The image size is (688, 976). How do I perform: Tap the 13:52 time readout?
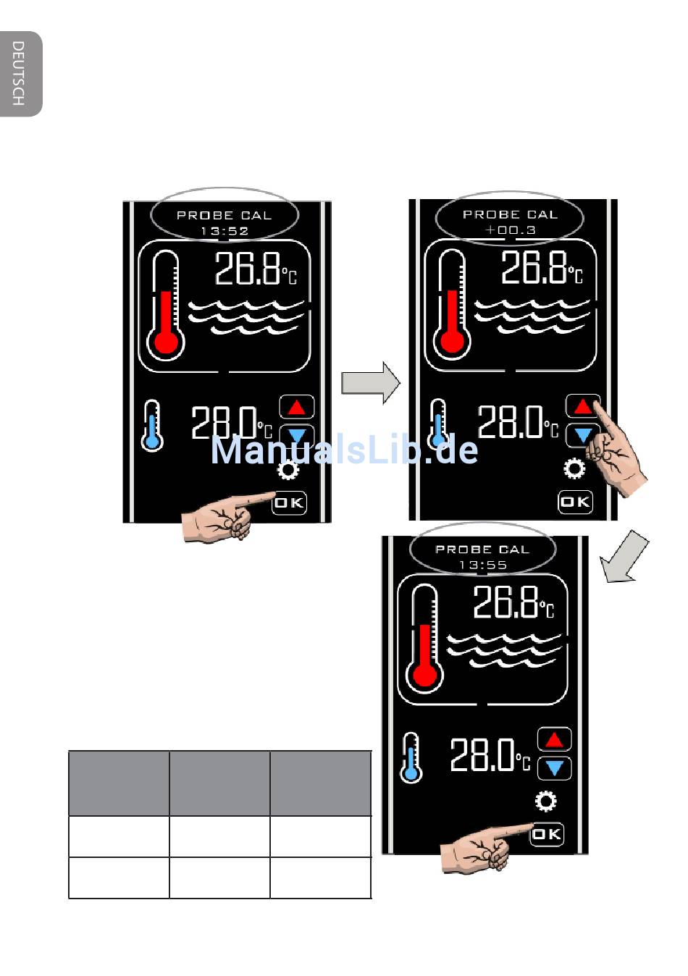click(225, 231)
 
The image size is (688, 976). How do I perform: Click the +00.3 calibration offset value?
click(511, 230)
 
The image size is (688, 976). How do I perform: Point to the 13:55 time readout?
click(483, 565)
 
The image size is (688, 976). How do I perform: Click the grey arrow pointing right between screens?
click(370, 382)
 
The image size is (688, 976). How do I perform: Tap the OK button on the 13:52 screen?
click(289, 502)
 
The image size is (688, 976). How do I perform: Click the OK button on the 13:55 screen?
click(547, 834)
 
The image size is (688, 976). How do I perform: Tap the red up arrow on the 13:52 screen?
click(296, 408)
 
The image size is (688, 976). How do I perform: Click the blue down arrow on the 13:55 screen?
click(554, 768)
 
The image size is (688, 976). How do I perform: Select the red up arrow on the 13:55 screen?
click(554, 739)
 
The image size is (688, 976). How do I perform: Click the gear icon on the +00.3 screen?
click(574, 468)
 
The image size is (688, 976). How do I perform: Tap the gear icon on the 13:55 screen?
click(545, 800)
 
